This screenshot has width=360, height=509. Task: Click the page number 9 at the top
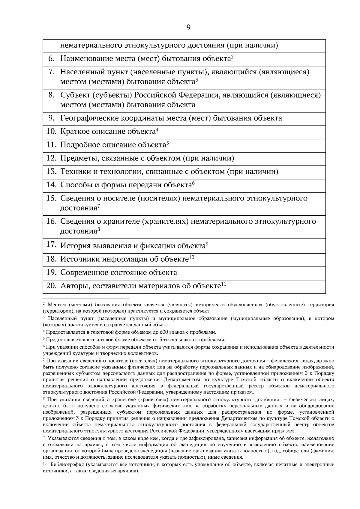(x=188, y=28)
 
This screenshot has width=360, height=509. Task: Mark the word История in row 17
(x=75, y=246)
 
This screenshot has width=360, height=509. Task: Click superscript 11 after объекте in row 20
(x=223, y=284)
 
